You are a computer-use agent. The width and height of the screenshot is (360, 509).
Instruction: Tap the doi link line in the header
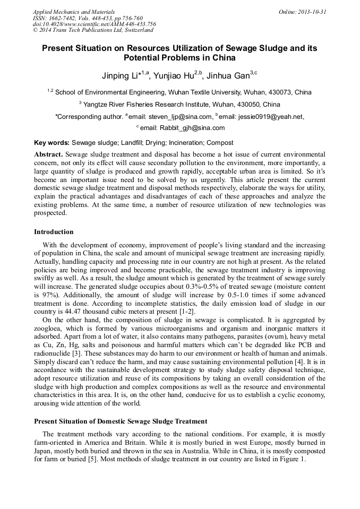click(94, 24)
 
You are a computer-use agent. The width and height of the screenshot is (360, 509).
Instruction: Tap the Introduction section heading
click(54, 232)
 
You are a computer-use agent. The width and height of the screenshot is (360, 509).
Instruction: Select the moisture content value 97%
click(44, 292)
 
